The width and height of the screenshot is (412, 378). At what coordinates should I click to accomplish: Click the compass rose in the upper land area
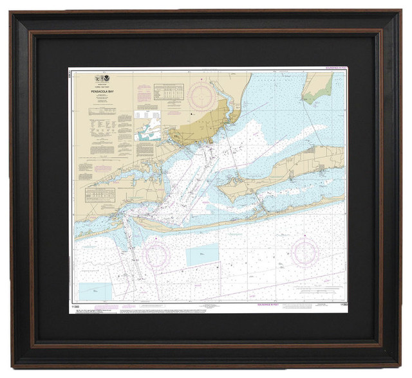[202, 95]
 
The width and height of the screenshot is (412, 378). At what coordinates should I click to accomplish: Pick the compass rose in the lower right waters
[304, 253]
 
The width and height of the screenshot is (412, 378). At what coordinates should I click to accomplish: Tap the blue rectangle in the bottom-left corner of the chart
[95, 291]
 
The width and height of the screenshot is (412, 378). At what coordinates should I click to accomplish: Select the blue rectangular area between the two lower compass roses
[202, 255]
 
